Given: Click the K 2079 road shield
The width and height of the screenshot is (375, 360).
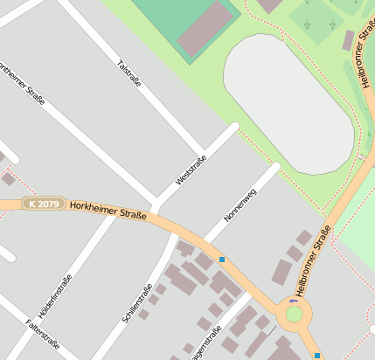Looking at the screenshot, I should (x=44, y=203).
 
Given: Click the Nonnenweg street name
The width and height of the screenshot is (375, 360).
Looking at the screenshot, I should (x=238, y=204).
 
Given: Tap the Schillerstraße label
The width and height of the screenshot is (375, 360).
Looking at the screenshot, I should (x=138, y=302).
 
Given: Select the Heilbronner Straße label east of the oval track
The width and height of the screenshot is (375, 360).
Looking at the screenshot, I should (x=363, y=65).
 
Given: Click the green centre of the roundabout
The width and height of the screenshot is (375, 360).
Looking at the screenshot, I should (x=295, y=314).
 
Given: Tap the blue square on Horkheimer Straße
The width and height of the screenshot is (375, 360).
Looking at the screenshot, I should (x=222, y=260).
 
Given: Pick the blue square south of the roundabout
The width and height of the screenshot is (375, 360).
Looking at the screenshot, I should (x=316, y=356).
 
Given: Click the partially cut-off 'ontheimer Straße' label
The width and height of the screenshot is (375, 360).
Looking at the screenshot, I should (x=22, y=86).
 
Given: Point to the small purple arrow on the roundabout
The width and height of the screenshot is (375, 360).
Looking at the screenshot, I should (x=292, y=301).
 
